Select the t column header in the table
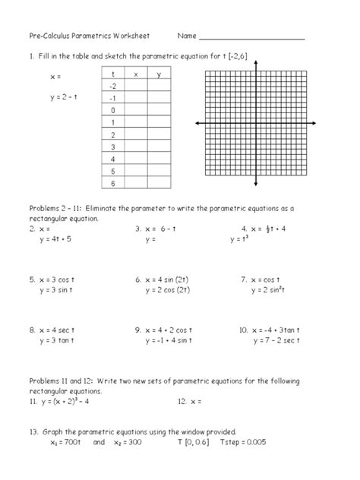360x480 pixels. pos(113,74)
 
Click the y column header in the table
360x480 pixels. pos(158,74)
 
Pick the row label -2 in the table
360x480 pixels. pos(113,87)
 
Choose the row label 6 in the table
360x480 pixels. pos(113,183)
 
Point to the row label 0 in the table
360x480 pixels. pos(113,111)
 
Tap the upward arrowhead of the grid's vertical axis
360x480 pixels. pos(256,64)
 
